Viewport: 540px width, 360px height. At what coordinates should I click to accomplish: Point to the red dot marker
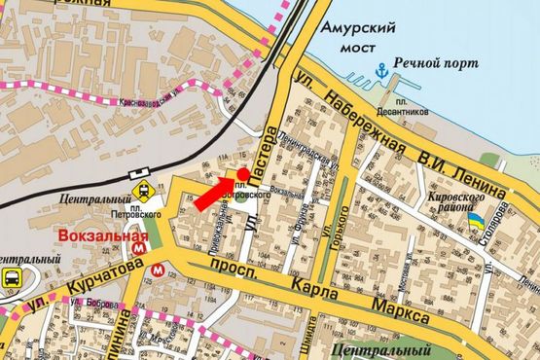coord(241,173)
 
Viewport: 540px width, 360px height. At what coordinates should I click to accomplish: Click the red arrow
coord(215,194)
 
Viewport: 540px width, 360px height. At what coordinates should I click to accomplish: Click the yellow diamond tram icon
coord(143,191)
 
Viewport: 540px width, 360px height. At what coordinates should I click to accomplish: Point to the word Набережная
coord(374,123)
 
